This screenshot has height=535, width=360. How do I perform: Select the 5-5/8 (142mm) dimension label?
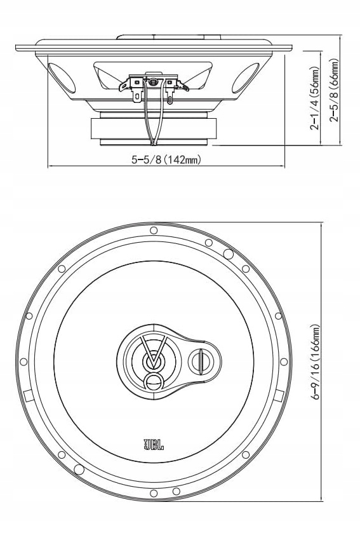166,160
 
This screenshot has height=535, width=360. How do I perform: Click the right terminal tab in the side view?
170,91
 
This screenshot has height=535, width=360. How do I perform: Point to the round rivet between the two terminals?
153,81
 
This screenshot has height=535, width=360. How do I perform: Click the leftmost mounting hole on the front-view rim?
23,362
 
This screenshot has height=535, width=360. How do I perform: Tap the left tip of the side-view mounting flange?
17,47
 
